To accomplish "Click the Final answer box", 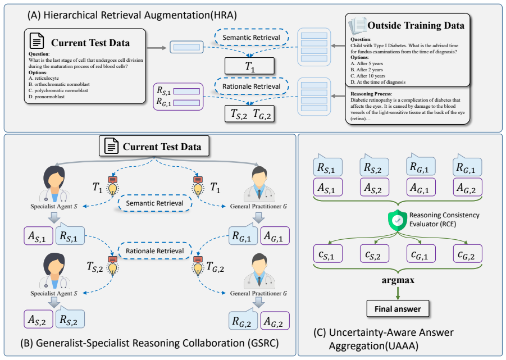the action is (398, 309).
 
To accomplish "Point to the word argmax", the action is (398, 280).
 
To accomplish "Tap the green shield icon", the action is (398, 220).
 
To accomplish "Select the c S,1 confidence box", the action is (328, 253).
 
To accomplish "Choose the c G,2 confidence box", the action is (468, 253).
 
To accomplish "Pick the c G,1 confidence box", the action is (421, 253).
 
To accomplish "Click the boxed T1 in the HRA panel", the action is (249, 66).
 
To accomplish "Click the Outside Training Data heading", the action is (416, 25).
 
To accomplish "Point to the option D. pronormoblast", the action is (47, 97).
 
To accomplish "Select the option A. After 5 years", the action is (367, 63).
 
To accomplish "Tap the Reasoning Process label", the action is (371, 94).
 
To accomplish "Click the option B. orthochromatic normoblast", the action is (59, 84).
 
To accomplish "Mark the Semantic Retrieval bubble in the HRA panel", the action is (252, 38).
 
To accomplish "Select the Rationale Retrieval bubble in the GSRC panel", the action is (155, 250).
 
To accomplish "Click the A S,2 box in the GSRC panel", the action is (38, 320).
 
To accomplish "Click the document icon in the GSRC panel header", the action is (111, 146).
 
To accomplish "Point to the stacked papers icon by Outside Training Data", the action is (357, 25).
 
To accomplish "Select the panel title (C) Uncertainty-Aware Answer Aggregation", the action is (384, 339).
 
